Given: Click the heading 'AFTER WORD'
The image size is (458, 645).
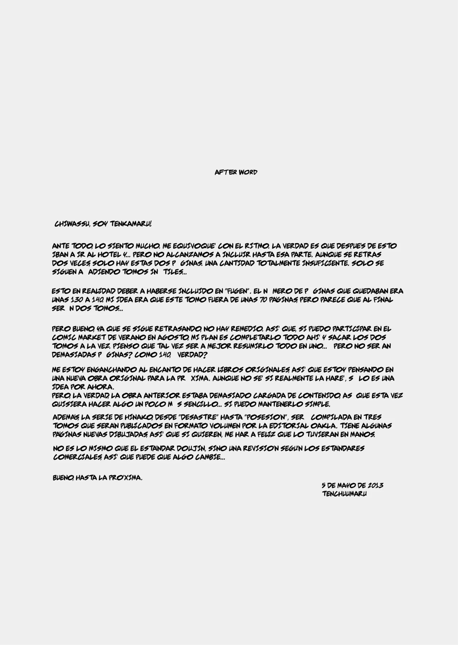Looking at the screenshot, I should click(236, 172).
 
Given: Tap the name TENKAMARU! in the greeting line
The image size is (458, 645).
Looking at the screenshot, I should click(131, 224).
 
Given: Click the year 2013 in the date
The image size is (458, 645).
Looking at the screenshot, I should click(375, 485).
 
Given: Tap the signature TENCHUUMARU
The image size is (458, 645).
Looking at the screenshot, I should click(344, 494).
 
